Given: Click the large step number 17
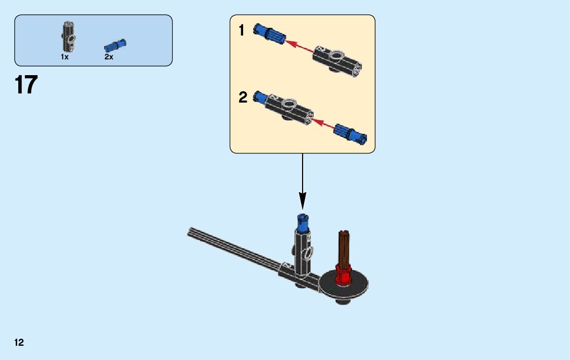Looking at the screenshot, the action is coord(26,85).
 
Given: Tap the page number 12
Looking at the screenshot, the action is coord(19,343).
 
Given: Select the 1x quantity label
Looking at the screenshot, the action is coord(64,57).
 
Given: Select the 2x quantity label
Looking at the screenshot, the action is coord(109,57).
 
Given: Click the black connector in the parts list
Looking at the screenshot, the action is coord(69,37).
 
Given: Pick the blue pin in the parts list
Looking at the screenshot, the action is coord(115,45).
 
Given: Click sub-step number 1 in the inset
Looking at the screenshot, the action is coord(242,31).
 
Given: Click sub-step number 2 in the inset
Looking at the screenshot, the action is coord(243,97).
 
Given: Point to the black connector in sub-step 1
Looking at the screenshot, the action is coord(338,59).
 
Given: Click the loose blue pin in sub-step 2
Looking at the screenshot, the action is coord(350,133).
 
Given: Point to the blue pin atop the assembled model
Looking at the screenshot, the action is coord(303,221).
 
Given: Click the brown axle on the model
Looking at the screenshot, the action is coord(344,249).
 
